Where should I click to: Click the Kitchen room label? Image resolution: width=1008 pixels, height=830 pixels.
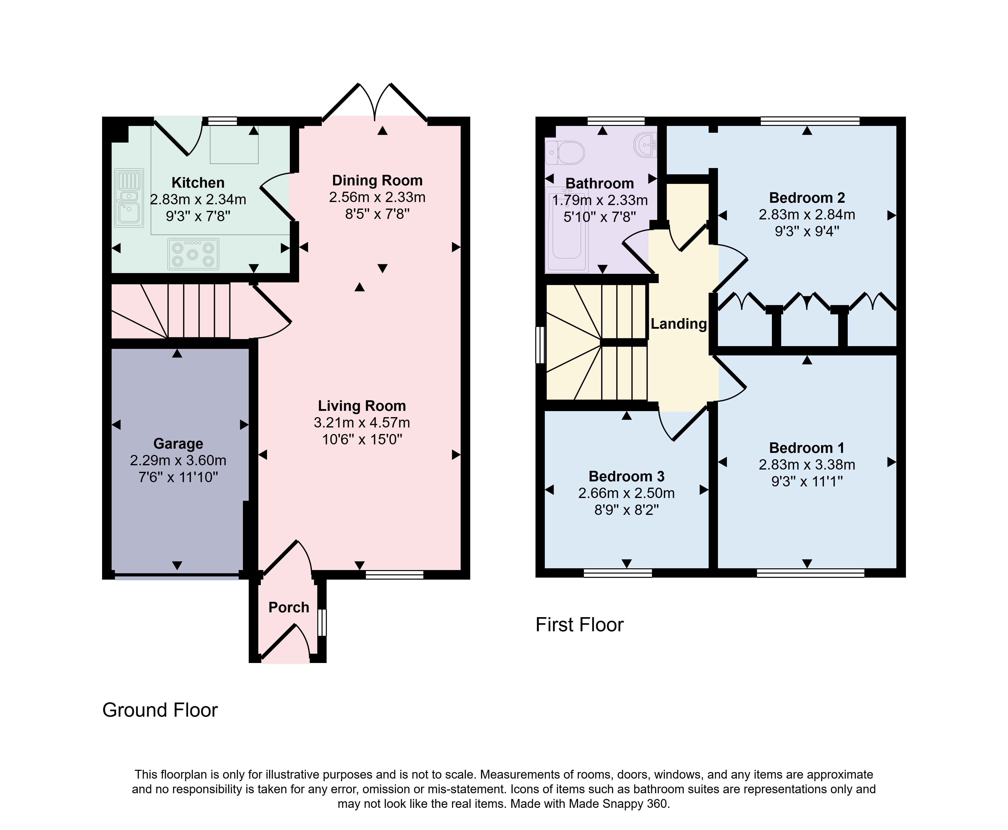point(198,183)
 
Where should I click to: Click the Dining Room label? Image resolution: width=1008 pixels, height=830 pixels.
point(377,180)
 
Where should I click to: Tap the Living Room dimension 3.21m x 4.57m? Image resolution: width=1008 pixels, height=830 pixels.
point(362,423)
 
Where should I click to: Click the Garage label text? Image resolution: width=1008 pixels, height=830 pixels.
point(178,444)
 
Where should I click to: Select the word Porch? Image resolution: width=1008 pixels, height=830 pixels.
point(289,607)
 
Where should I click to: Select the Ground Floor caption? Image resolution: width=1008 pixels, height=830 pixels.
point(160,710)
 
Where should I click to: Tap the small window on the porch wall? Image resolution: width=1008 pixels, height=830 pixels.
point(322,622)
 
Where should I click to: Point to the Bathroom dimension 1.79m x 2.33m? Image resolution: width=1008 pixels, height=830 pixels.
point(600,200)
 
